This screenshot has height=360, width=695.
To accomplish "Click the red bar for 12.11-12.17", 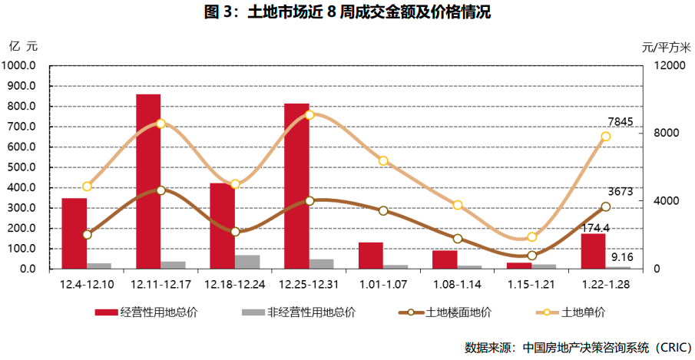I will (148, 181).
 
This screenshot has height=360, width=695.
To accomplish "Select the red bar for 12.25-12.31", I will (296, 186).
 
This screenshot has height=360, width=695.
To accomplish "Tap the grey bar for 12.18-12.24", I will (247, 262).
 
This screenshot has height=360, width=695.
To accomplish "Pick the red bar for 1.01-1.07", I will (370, 256).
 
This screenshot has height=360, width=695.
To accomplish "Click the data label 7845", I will (620, 122).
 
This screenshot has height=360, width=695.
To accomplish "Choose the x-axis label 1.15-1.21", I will (531, 284).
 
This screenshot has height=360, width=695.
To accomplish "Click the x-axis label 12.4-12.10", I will (87, 284).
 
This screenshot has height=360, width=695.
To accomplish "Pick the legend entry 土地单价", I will (584, 312).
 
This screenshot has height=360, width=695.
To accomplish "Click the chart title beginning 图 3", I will (347, 12).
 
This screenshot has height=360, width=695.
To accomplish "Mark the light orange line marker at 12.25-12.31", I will (309, 115).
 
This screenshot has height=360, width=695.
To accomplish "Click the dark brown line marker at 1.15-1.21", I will (531, 256).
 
